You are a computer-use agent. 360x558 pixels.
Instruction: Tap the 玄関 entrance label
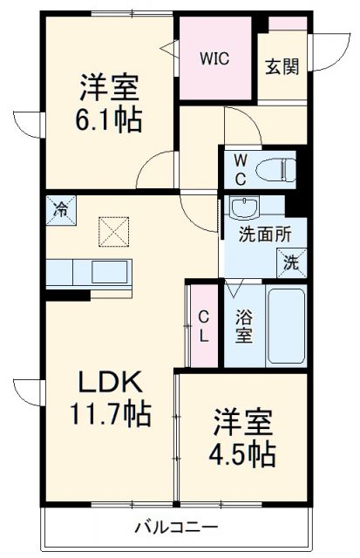282,66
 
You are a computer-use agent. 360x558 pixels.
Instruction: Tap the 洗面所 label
260,234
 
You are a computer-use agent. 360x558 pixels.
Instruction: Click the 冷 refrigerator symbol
61,210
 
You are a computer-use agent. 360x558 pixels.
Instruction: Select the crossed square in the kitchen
112,233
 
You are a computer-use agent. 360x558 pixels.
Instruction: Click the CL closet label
202,325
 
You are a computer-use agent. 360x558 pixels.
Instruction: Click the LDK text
111,382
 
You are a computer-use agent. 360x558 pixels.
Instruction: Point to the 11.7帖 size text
112,412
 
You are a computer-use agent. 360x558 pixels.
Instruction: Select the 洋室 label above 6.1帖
111,87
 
